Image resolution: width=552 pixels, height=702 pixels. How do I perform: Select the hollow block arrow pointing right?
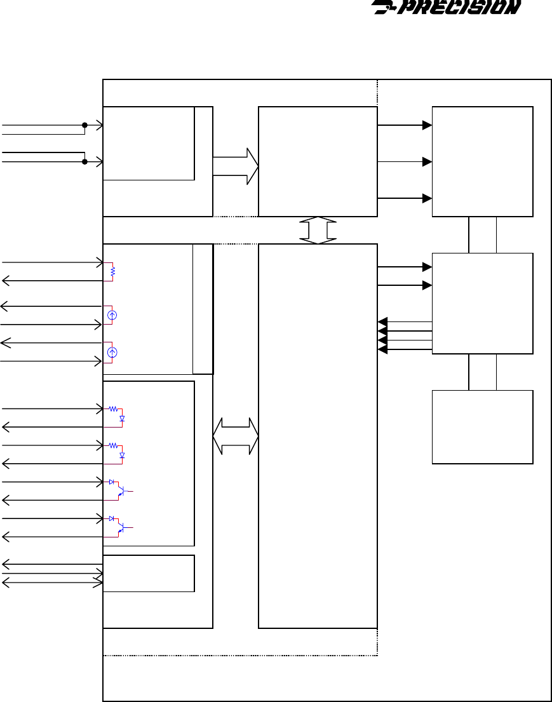235,166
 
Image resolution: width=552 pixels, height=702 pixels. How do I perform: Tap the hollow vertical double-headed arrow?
318,230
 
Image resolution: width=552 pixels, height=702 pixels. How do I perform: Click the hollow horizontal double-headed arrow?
235,436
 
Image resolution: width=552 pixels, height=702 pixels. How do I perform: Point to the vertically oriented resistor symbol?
112,271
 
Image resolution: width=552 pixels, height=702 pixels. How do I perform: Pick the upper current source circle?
112,315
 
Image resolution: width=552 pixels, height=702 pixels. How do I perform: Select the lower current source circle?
112,352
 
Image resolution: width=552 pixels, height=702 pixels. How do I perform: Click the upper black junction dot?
84,125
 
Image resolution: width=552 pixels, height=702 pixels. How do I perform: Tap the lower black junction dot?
84,161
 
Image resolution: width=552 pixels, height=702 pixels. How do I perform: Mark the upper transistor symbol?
123,491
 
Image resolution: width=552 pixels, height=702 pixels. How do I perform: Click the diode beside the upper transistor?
112,483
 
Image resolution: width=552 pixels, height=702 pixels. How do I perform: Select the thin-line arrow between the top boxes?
405,161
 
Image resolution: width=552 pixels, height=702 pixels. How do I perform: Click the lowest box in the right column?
482,427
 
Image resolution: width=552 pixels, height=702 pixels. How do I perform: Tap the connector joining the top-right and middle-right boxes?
482,234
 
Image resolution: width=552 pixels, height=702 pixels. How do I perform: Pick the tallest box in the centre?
318,436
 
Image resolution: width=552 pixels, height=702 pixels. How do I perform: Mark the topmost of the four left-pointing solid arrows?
405,322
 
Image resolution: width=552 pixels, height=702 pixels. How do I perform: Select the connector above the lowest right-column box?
482,372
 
